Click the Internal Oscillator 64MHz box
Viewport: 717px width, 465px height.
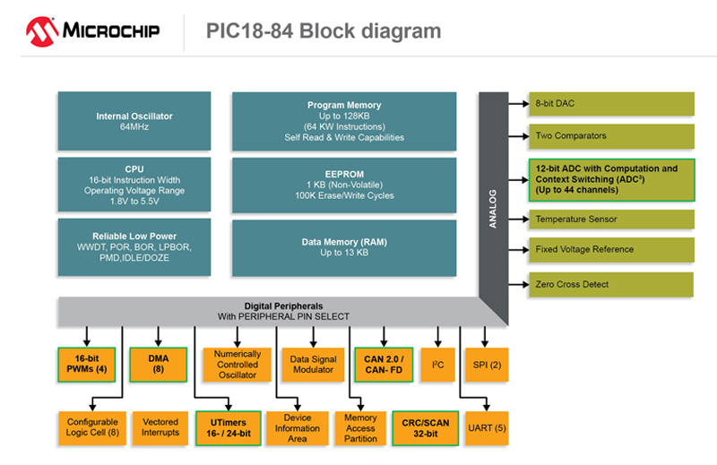tap(134, 121)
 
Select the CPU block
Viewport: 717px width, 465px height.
tap(134, 184)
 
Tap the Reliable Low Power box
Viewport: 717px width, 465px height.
tap(134, 246)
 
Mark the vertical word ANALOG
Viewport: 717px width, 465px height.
tap(493, 208)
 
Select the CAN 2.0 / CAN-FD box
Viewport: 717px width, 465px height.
tap(383, 365)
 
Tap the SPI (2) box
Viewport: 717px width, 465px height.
tap(487, 365)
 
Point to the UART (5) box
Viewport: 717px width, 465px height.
tap(487, 427)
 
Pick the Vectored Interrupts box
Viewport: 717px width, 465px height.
tap(160, 427)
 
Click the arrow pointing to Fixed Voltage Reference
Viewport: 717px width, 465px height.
tap(517, 250)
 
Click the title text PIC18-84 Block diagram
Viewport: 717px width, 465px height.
tap(320, 31)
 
